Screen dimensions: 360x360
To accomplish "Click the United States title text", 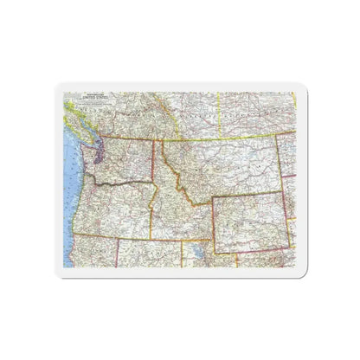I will (86, 99).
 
